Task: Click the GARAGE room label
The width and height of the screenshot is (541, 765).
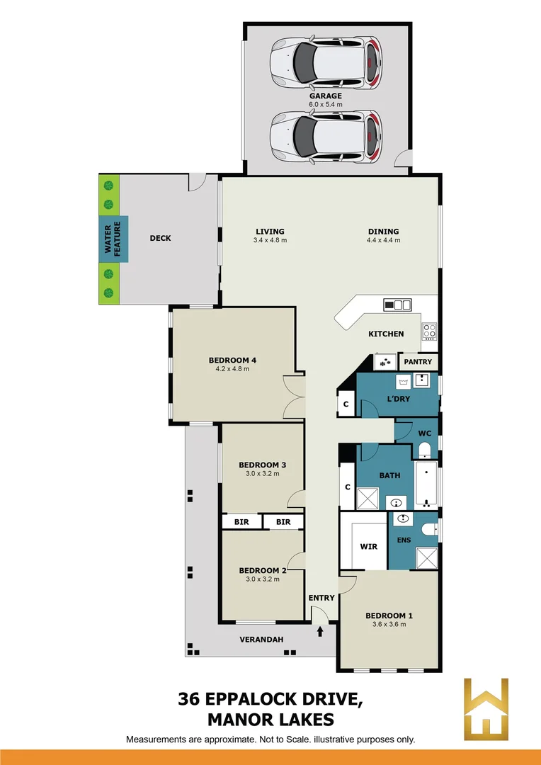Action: (325, 96)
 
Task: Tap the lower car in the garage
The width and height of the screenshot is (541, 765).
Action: (326, 136)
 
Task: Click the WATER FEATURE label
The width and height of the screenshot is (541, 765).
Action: (113, 238)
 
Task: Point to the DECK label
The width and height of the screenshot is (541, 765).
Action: (161, 238)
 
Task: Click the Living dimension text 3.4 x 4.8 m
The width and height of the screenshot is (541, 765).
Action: (270, 240)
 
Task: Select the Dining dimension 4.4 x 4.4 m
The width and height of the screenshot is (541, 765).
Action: (383, 240)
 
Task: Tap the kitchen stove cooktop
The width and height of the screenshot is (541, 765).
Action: (429, 330)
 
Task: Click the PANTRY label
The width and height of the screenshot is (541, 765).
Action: (418, 362)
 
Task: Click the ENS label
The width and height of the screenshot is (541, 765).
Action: (403, 541)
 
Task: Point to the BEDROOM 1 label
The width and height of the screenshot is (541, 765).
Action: (389, 616)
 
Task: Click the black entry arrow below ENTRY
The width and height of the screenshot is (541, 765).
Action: (320, 629)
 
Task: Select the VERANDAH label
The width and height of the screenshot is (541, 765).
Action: (261, 639)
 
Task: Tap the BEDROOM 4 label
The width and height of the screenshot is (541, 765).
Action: (232, 360)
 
